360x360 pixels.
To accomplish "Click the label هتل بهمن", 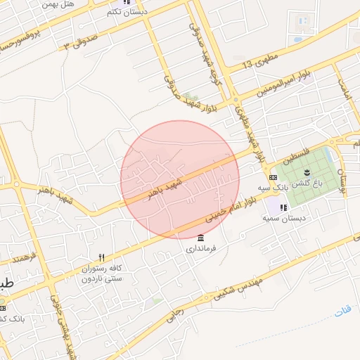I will [x=58, y=5].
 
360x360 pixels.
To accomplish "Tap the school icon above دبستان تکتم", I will [x=127, y=2].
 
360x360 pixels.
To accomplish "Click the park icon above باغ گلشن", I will [x=307, y=172].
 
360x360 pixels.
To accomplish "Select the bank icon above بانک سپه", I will [x=273, y=177].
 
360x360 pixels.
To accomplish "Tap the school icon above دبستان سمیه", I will [x=283, y=208].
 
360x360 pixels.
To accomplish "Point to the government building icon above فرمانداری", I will [x=202, y=237].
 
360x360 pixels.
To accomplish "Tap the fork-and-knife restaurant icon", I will [x=101, y=258].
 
